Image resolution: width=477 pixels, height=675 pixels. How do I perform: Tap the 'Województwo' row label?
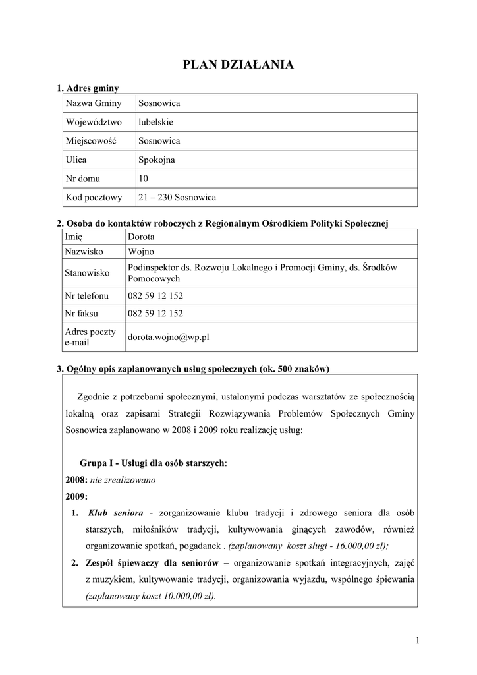(94, 122)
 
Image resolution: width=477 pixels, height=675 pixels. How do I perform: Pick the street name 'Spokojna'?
(157, 160)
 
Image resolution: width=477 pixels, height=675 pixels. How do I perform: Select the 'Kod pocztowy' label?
(94, 197)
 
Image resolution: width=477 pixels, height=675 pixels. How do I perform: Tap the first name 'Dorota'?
(141, 237)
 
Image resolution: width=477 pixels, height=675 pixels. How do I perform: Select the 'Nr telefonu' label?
(86, 296)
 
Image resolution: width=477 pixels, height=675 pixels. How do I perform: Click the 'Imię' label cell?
(73, 237)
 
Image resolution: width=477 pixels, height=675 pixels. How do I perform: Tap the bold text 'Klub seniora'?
(115, 512)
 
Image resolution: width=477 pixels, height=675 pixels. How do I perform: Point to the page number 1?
(417, 640)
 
